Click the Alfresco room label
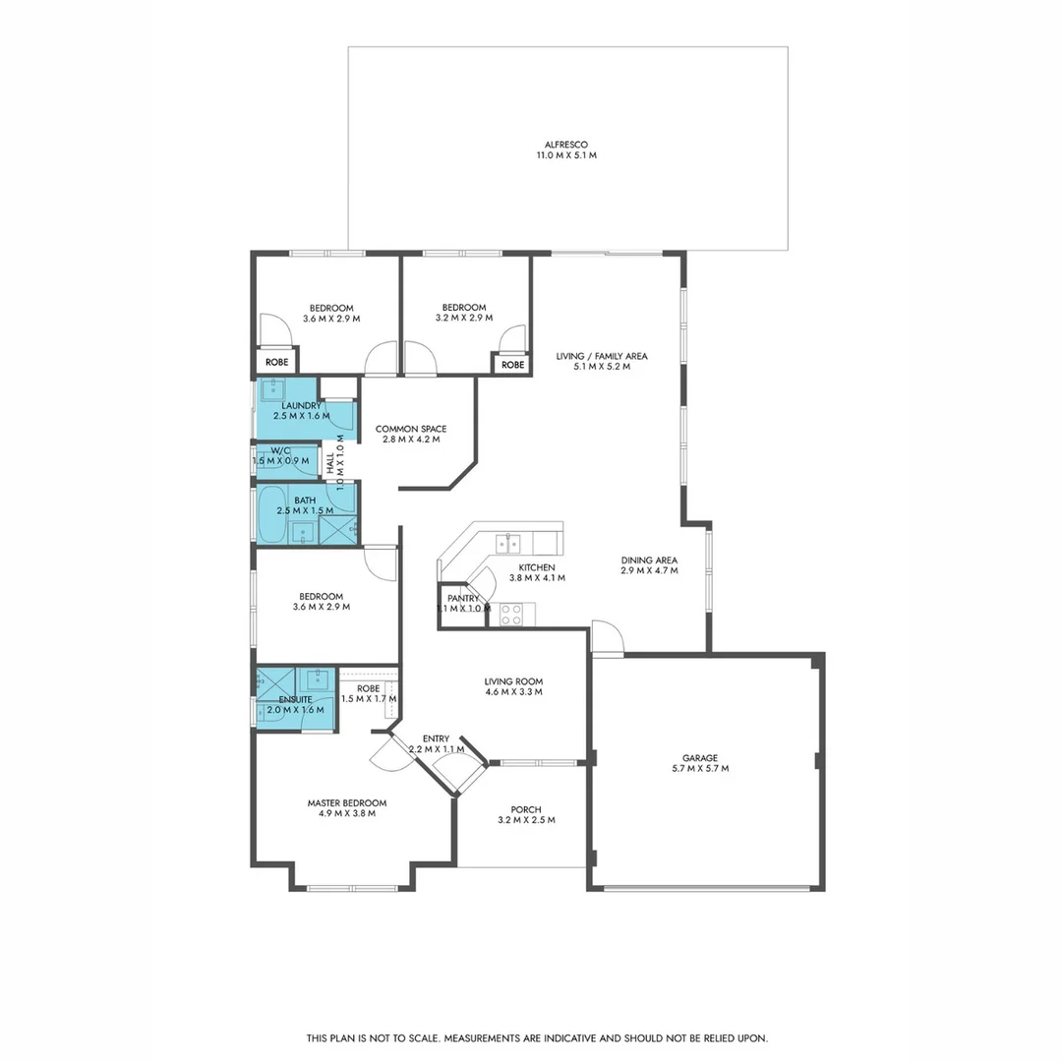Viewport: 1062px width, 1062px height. pyautogui.click(x=566, y=149)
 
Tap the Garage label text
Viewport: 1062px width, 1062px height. pyautogui.click(x=699, y=763)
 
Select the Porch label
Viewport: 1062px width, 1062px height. pyautogui.click(x=526, y=814)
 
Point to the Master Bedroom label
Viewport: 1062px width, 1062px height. pyautogui.click(x=346, y=807)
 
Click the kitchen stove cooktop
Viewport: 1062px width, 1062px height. pyautogui.click(x=511, y=615)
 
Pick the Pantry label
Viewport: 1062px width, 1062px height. pyautogui.click(x=463, y=603)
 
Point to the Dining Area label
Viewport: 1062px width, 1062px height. pyautogui.click(x=649, y=564)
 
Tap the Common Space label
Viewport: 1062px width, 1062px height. pyautogui.click(x=411, y=434)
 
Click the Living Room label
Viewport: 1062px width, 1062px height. pyautogui.click(x=513, y=685)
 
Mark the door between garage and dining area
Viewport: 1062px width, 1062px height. pyautogui.click(x=607, y=638)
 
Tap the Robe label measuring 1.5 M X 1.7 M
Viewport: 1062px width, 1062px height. pyautogui.click(x=369, y=693)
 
